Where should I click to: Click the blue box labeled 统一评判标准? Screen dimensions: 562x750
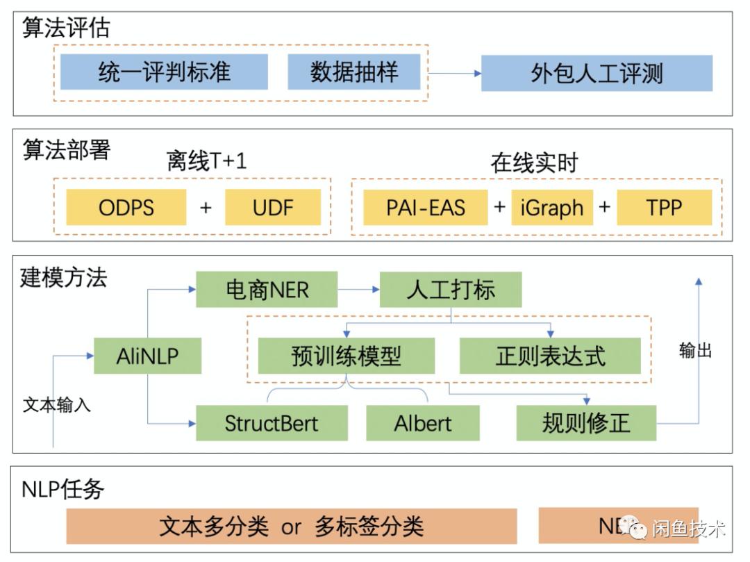tap(164, 72)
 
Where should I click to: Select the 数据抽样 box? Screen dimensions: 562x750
tap(354, 72)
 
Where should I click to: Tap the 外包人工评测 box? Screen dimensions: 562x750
tap(597, 74)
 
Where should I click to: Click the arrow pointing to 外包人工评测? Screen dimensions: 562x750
tap(456, 73)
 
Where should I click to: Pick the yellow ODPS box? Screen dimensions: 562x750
tap(126, 207)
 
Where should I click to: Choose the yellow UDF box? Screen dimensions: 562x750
tap(273, 207)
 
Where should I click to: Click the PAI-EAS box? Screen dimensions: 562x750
tap(426, 207)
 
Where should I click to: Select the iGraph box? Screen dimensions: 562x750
tap(552, 207)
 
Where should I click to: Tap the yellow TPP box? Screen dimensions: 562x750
tap(664, 207)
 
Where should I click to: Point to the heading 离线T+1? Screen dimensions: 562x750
tap(206, 162)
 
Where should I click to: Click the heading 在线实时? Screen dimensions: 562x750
tap(534, 163)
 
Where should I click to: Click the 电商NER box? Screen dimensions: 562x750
tap(267, 290)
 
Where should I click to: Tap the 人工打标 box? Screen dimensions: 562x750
tap(450, 290)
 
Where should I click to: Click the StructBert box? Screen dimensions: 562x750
tap(272, 422)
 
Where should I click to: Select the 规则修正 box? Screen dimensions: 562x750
tap(586, 422)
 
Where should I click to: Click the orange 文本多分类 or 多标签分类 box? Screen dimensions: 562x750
tap(291, 526)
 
